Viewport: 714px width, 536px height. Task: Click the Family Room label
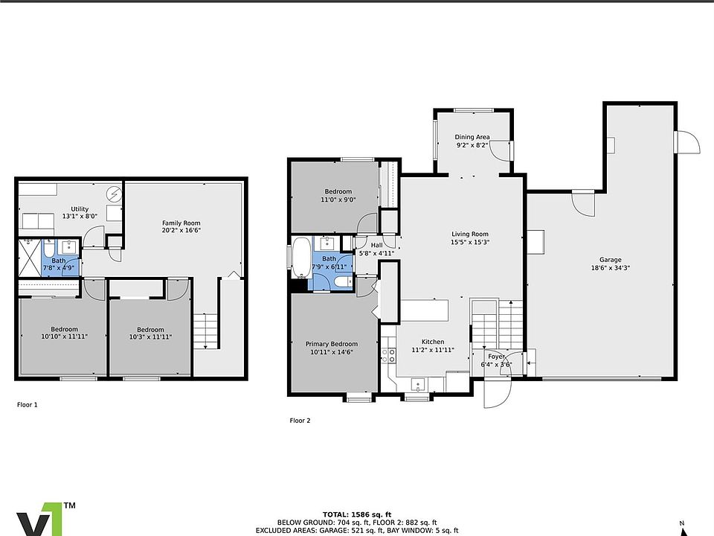(x=181, y=223)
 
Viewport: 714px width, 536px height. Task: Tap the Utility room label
(x=80, y=208)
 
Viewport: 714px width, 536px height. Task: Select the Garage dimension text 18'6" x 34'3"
(x=610, y=268)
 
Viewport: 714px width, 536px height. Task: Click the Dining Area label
(x=472, y=137)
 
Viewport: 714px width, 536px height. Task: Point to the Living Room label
(x=470, y=234)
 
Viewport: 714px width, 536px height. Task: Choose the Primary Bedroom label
(x=332, y=344)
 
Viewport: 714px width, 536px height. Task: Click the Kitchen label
(x=433, y=342)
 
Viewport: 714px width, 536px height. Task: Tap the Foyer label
(x=496, y=357)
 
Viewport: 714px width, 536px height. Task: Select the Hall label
(x=376, y=245)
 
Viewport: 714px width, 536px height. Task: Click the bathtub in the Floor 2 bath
(x=301, y=258)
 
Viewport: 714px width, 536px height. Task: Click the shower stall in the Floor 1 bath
(x=30, y=258)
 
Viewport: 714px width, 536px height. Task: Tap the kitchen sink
(x=418, y=385)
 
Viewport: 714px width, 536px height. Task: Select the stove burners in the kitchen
(x=388, y=356)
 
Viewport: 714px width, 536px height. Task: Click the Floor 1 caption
(x=28, y=404)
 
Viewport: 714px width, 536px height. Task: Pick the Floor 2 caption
(x=300, y=420)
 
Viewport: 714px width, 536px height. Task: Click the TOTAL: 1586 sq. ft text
(x=357, y=514)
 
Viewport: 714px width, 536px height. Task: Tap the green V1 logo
(x=41, y=520)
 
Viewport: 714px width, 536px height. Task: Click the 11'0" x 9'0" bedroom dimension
(x=338, y=200)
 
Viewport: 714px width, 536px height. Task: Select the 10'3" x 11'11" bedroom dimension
(x=150, y=337)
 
